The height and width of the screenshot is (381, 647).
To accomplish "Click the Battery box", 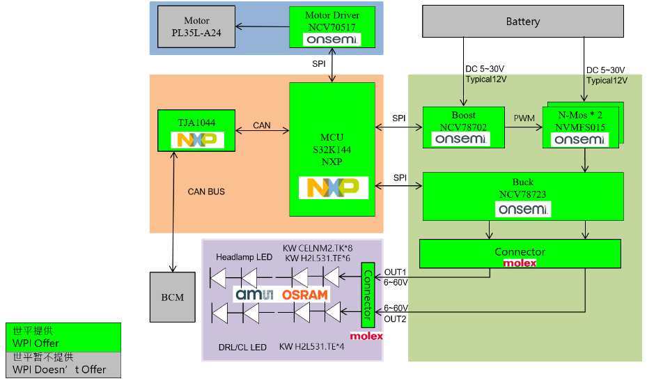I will (522, 22).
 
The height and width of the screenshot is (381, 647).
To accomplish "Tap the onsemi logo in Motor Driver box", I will (332, 40).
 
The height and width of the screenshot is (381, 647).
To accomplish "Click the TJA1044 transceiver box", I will (196, 130).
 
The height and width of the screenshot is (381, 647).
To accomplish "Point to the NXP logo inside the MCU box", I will (332, 188).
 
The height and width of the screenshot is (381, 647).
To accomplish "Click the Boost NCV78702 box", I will (463, 127).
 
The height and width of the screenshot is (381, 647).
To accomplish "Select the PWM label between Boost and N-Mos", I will (524, 118).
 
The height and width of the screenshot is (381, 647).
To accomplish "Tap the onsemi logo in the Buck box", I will (522, 208).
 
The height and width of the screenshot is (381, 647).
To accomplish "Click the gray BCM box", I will (173, 297).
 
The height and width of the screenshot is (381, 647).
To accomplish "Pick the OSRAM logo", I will (304, 295).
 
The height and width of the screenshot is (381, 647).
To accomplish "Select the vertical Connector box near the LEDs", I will (367, 295).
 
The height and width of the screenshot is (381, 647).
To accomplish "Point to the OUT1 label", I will (395, 272).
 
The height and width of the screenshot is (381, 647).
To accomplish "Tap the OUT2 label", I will (395, 318).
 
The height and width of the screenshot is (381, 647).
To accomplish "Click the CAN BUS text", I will (206, 191).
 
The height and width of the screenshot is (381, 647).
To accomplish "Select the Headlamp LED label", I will (244, 257).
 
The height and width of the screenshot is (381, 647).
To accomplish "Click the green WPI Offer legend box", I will (63, 336).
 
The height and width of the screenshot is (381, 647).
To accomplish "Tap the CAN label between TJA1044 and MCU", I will (262, 125).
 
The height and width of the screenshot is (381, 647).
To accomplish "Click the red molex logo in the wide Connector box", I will (520, 263).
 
